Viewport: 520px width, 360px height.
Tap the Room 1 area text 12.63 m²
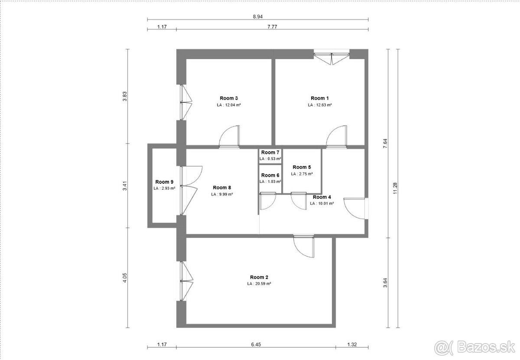[x=320, y=105]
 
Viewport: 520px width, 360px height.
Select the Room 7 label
[x=270, y=152]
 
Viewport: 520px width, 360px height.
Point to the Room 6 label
[x=270, y=175]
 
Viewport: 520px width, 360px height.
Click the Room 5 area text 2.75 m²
[x=302, y=174]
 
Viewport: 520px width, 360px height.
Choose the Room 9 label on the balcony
[x=164, y=182]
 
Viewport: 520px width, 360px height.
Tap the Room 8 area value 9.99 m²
[x=222, y=195]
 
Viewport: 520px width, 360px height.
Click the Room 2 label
[x=259, y=277]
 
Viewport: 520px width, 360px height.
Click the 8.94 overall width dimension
[x=258, y=16]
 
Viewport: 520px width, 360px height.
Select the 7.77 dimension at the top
[x=272, y=27]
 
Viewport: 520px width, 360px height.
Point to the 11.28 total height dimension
[x=395, y=188]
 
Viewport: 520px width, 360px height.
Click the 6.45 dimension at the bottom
[x=256, y=344]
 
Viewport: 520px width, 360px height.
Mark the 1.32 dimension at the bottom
[x=352, y=344]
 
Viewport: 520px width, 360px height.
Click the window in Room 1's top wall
[x=331, y=57]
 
